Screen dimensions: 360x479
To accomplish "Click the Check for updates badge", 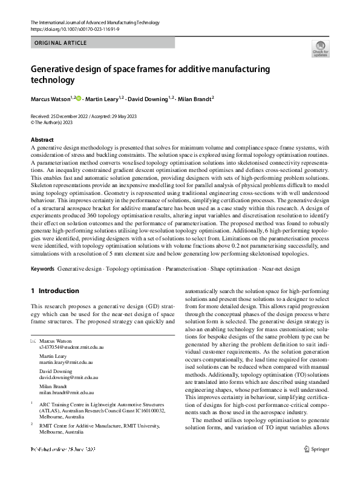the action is pyautogui.click(x=319, y=49).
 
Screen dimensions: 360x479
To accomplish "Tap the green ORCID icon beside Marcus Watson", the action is pyautogui.click(x=79, y=97).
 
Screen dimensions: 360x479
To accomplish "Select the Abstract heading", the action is pyautogui.click(x=42, y=140).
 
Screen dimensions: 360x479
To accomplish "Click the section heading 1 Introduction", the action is pyautogui.click(x=55, y=291).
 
